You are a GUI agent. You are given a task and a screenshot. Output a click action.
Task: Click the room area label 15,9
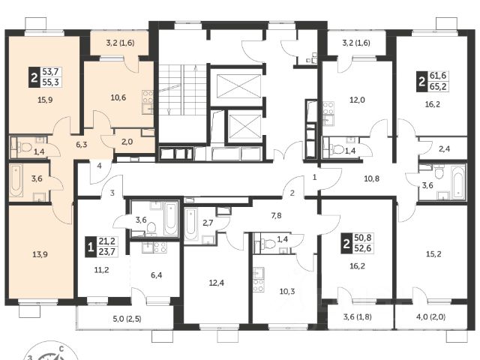tap(45, 100)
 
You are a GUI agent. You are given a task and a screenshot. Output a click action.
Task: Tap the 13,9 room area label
tap(40, 254)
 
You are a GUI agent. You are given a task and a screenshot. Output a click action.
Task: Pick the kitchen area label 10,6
tap(118, 97)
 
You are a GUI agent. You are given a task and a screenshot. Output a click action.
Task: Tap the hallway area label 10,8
tap(372, 178)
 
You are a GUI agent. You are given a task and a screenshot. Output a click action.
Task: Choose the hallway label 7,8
tap(276, 216)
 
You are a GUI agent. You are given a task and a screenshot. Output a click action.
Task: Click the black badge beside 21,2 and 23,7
tap(90, 247)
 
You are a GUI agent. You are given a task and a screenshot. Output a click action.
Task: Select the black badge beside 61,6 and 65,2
tap(421, 82)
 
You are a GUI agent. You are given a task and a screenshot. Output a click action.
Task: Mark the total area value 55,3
tap(50, 82)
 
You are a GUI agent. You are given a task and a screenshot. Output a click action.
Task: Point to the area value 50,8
tap(363, 238)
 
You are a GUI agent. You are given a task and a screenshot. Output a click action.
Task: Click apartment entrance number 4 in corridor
tap(99, 166)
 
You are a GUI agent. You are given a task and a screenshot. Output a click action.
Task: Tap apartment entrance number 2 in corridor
tap(292, 193)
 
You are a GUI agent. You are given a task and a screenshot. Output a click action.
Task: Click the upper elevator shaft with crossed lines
tap(238, 87)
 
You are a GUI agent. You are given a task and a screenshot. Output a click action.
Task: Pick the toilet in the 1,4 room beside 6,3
tap(25, 148)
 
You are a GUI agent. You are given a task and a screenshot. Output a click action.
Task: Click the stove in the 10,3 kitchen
tap(258, 285)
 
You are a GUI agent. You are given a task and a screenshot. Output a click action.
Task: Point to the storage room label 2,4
tap(444, 149)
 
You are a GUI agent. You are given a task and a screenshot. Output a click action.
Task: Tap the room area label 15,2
tap(433, 254)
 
